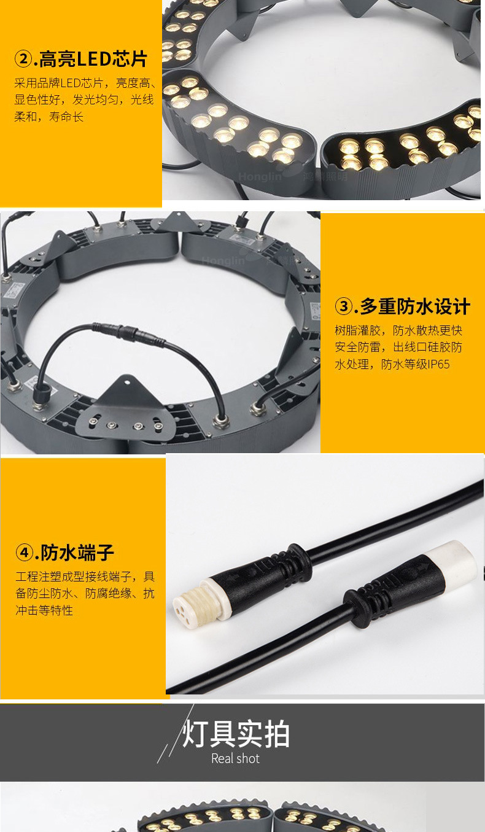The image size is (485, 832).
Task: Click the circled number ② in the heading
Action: pos(23,59)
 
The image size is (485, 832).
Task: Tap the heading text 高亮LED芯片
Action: pos(93,59)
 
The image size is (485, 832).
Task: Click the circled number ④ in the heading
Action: pos(24,553)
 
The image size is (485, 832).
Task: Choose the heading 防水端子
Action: pos(77,553)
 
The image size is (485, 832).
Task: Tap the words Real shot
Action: pos(236,758)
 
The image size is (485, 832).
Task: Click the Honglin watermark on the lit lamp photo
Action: pos(260,177)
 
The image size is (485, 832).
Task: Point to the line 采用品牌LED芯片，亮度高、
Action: pos(85,83)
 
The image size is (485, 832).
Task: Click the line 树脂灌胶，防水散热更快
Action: pos(398,330)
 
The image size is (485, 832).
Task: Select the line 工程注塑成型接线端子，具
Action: pos(85,577)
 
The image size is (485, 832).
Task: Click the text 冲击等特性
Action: pos(44,610)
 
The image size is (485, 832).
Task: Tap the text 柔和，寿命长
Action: pos(49,117)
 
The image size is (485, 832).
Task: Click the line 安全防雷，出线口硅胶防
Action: pos(398,347)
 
